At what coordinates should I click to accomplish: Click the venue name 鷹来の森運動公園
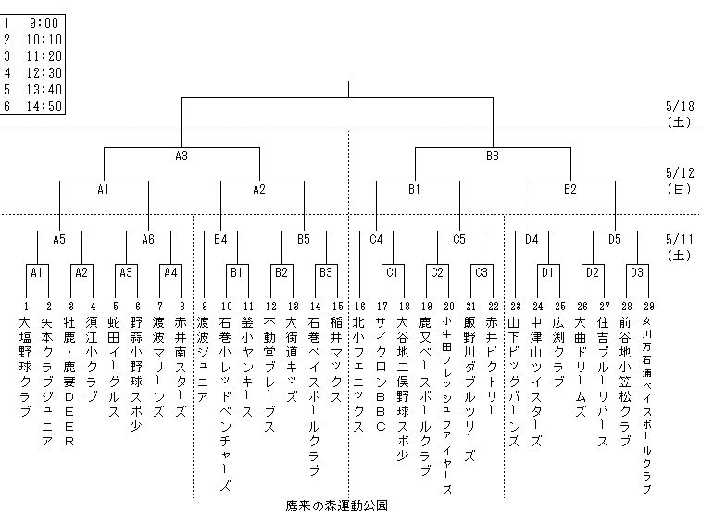(336, 506)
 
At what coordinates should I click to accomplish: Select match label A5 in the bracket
(59, 239)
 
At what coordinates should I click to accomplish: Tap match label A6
(148, 239)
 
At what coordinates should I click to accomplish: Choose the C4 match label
(376, 239)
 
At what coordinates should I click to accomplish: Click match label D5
(615, 239)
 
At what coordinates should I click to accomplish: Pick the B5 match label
(304, 239)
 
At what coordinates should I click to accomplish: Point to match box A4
(170, 272)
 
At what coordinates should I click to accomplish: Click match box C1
(392, 272)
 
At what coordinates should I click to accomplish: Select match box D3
(636, 272)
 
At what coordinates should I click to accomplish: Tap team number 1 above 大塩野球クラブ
(26, 306)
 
